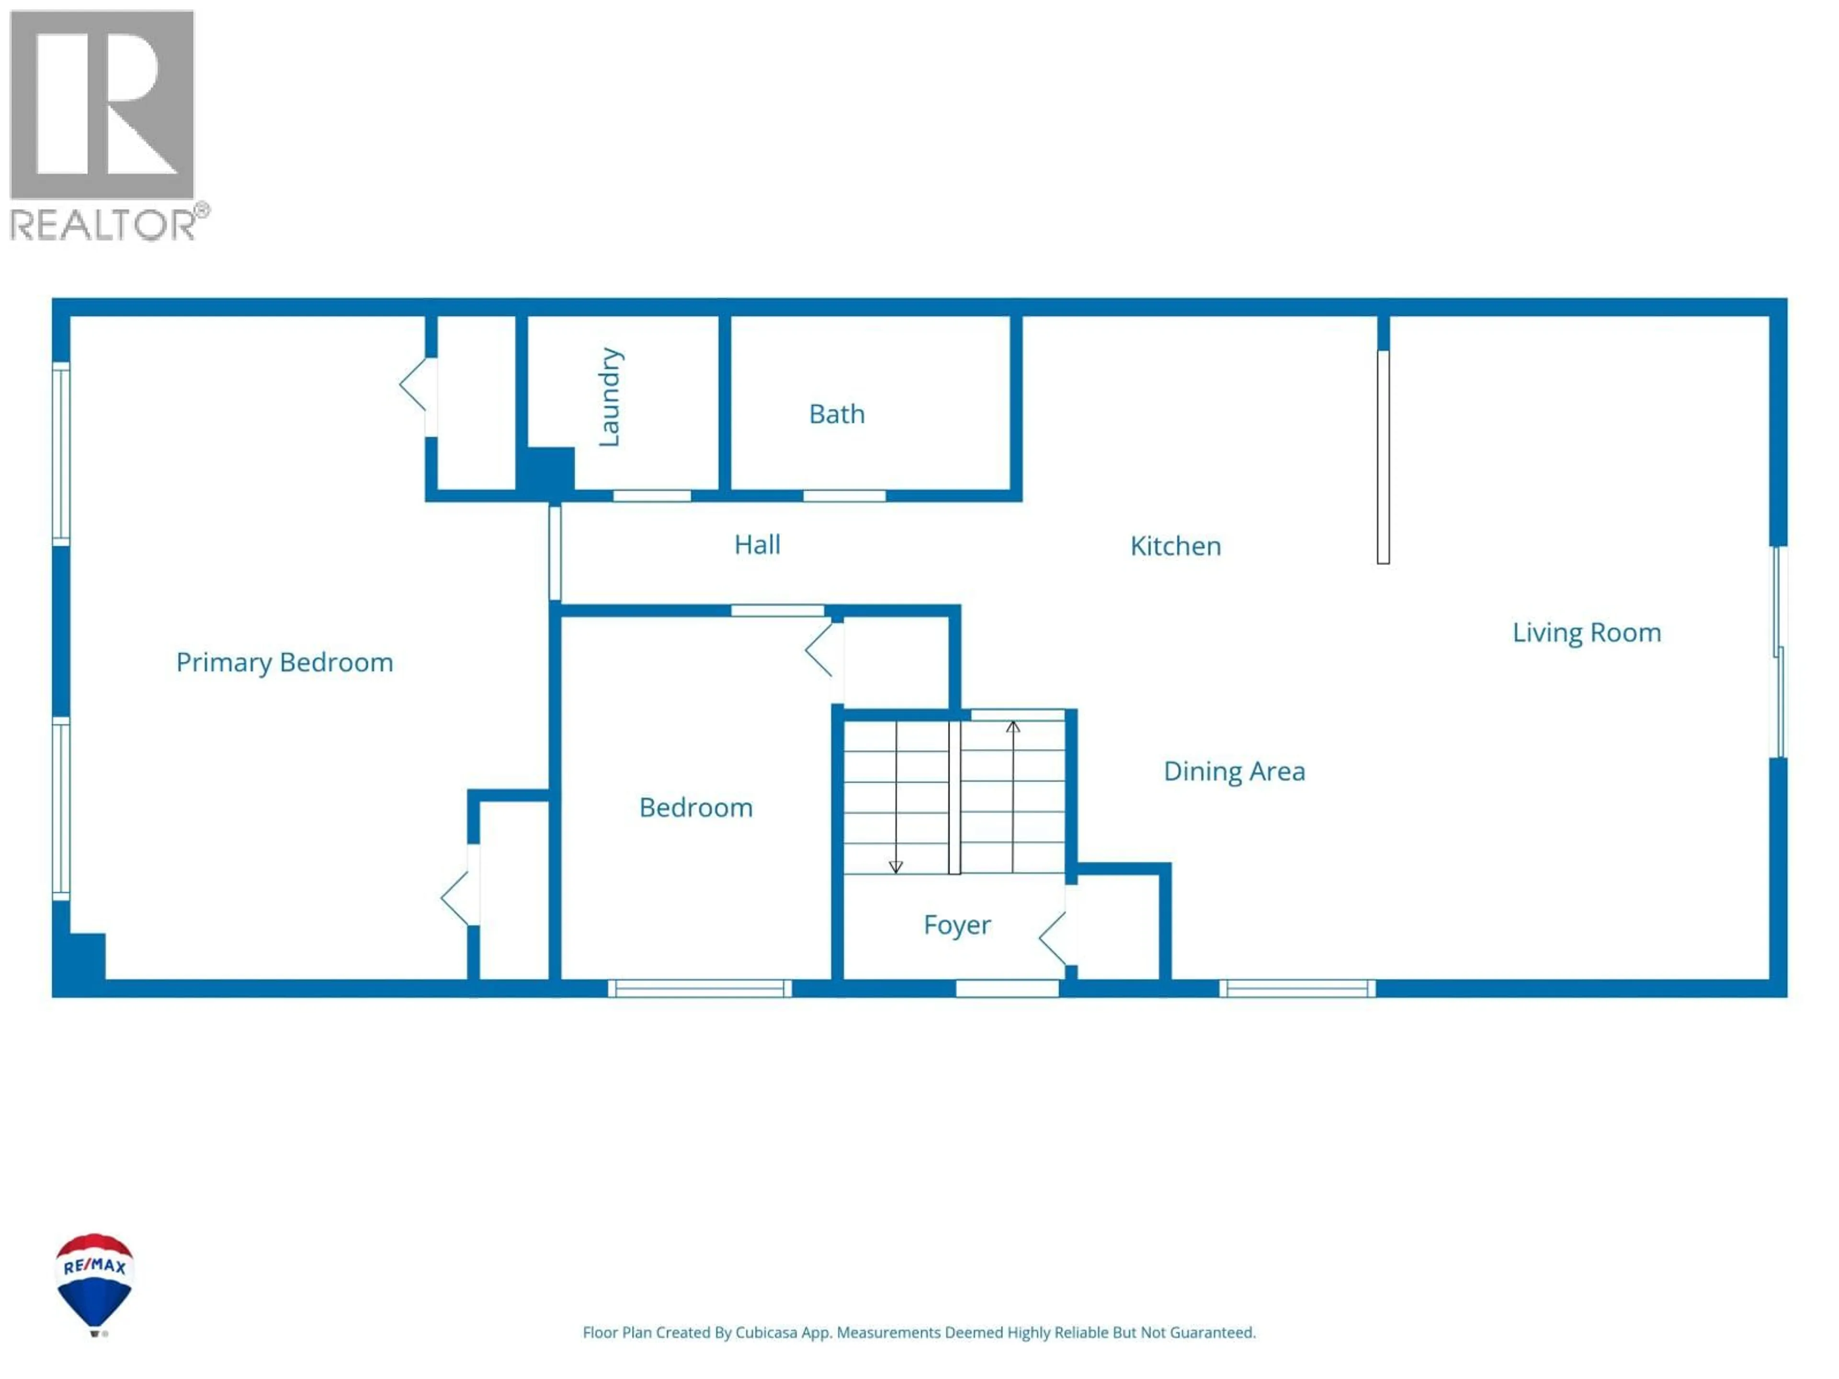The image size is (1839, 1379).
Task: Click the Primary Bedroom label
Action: pos(284,663)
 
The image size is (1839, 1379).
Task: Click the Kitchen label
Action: pos(1175,546)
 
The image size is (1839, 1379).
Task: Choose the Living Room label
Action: pos(1586,633)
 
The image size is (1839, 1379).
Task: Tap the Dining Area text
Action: pos(1234,771)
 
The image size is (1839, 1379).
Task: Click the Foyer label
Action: pos(957,925)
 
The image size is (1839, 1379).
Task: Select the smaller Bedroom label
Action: pos(696,808)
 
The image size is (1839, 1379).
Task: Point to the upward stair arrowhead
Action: pos(1012,727)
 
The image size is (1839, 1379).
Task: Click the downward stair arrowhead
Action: pos(896,867)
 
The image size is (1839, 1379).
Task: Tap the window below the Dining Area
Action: pos(1297,988)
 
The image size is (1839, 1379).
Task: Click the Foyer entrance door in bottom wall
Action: pos(1007,988)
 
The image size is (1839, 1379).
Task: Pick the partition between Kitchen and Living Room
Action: pos(1383,457)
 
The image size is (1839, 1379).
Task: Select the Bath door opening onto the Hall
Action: pos(844,496)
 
